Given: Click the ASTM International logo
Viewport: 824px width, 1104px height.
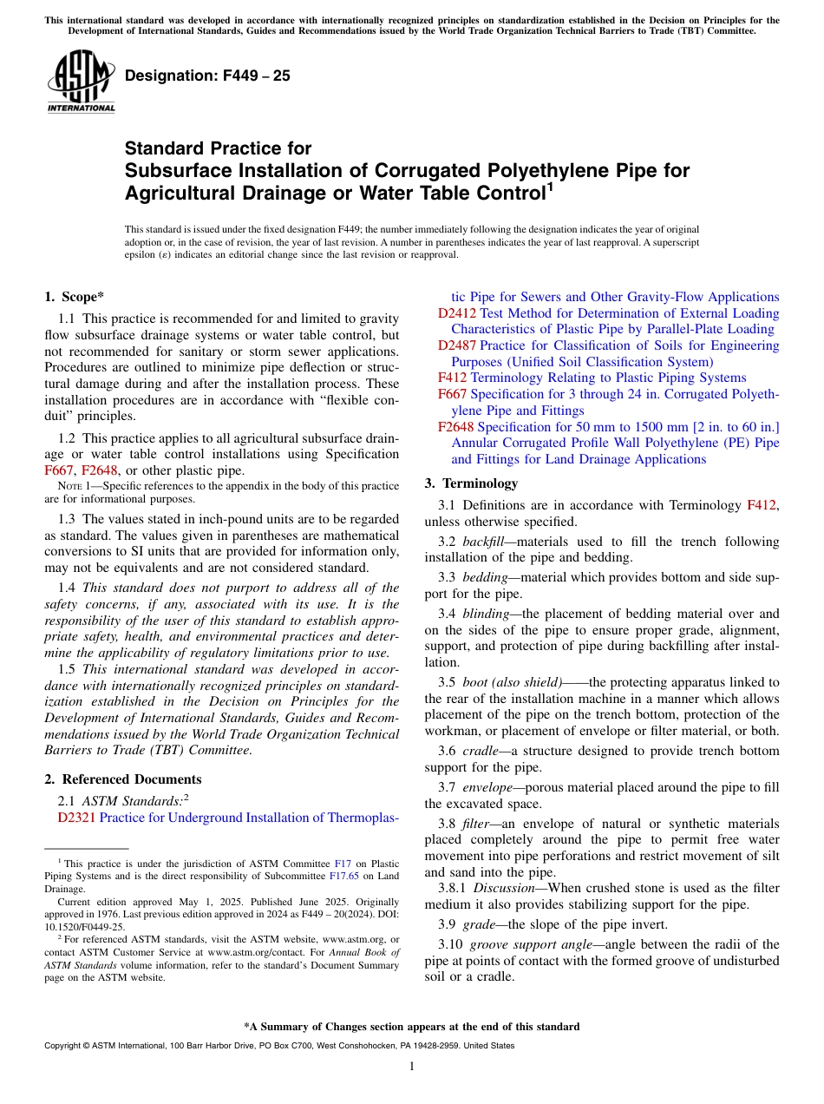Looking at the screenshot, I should tap(81, 82).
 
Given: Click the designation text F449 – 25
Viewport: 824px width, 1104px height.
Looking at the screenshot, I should tap(207, 76).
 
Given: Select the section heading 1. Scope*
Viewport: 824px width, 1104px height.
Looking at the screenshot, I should tap(75, 297).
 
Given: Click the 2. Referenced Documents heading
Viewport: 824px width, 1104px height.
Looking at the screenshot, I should tap(123, 779).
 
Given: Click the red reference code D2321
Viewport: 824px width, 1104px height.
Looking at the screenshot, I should tap(76, 818).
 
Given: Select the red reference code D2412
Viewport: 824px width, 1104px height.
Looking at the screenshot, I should tap(456, 313).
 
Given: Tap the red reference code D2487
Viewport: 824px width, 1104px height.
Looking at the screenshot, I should tap(456, 345).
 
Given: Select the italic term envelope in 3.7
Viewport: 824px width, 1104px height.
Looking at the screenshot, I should tap(487, 787).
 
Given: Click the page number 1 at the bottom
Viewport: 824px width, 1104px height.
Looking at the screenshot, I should tap(411, 1067).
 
